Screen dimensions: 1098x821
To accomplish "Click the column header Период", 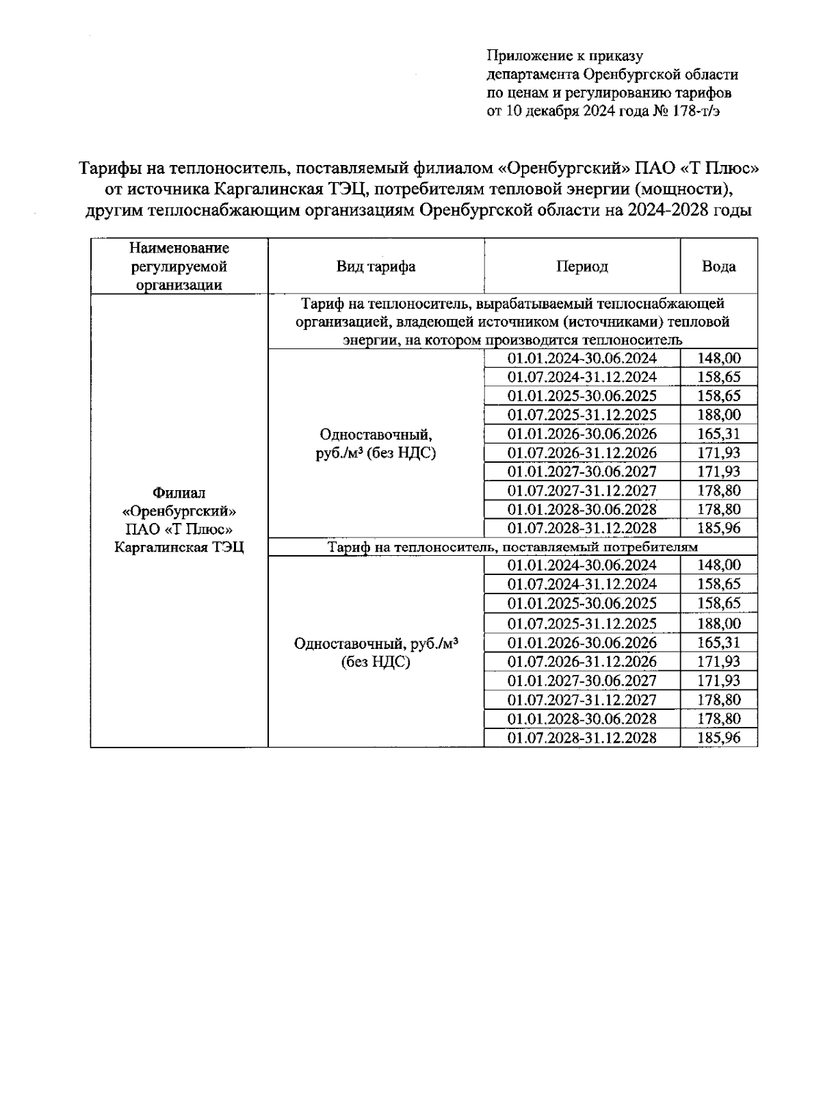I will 582,267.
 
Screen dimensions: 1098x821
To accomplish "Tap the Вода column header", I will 718,267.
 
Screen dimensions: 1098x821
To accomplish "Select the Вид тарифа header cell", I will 376,267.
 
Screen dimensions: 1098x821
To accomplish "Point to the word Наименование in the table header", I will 179,248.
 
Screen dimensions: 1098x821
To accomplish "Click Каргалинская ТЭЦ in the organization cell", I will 179,548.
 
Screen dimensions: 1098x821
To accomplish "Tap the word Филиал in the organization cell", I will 179,493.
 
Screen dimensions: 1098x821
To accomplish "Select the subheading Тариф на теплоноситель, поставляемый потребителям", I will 512,547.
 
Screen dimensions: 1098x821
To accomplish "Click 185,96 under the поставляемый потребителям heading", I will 718,738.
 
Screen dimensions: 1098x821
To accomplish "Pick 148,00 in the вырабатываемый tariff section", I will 718,358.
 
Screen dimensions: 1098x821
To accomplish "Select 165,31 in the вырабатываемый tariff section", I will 718,434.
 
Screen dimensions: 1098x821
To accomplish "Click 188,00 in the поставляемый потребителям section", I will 718,624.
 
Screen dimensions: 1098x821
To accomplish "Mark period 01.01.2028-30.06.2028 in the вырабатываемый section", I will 582,509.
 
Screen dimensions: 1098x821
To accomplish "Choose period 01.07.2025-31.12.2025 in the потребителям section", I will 582,624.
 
